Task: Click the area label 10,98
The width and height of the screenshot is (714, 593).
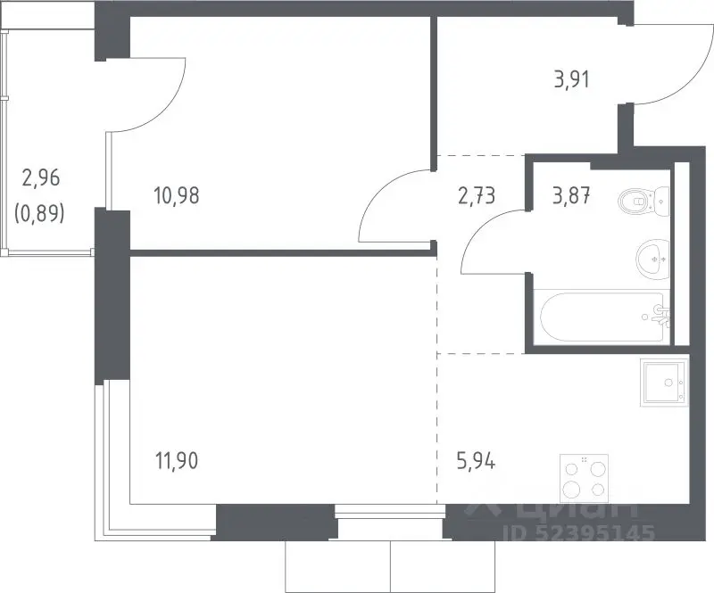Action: pos(177,195)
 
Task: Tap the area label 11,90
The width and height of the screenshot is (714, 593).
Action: pos(177,460)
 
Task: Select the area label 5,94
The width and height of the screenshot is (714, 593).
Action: pos(476,462)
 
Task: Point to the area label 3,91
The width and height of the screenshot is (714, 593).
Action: pos(571,79)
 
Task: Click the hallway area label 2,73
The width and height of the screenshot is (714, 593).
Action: pos(477,195)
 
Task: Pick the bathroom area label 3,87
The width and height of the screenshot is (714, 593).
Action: pos(571,195)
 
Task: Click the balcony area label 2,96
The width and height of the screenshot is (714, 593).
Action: pos(41,177)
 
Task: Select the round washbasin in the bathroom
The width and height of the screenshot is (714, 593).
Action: pos(653,259)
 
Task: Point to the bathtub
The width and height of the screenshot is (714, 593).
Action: pos(602,317)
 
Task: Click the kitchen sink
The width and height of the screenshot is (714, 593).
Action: pos(664,383)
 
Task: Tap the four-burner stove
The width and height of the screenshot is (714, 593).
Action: pos(585,477)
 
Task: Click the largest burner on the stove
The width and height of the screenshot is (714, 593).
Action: pos(571,490)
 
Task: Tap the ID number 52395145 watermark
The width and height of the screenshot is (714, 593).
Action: pos(578,532)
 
